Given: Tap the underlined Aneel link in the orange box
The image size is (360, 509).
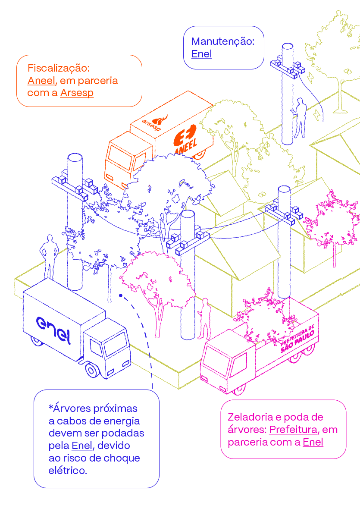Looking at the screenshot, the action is coord(41,81).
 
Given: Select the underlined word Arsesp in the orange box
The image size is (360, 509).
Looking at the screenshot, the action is coord(77,93).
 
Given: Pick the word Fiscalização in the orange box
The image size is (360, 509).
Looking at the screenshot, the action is coord(58,68).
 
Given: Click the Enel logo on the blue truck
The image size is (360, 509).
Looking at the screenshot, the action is coord(53,330).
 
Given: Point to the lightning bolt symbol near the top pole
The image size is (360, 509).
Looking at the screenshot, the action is coord(318,115).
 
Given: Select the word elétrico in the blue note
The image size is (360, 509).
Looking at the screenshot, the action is coord(68,471).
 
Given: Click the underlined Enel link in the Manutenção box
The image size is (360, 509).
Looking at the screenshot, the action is coord(201,54).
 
